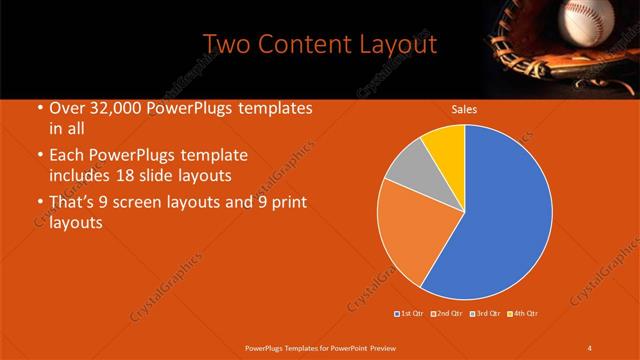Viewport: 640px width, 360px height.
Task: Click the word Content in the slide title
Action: point(309,45)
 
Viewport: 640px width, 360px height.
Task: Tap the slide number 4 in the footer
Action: point(589,347)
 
